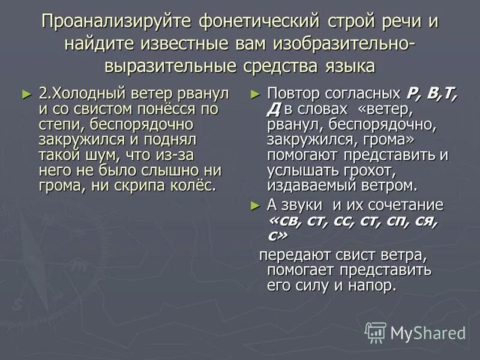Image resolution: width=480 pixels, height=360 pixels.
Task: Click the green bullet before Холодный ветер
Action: [25, 94]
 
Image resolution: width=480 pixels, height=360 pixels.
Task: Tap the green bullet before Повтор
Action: [254, 94]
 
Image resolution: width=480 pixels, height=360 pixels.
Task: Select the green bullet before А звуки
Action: [254, 205]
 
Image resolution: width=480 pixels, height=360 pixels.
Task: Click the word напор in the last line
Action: [376, 285]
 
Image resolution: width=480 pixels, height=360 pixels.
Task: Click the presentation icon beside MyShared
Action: [376, 332]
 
